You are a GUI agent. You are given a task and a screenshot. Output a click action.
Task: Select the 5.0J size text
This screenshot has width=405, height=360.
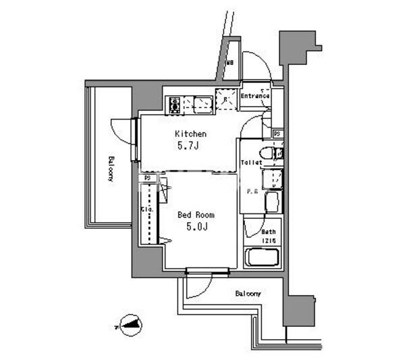(x=194, y=228)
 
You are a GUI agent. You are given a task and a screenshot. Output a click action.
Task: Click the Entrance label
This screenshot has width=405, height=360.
(x=255, y=96)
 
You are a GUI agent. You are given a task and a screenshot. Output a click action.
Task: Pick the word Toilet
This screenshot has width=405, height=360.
(x=251, y=163)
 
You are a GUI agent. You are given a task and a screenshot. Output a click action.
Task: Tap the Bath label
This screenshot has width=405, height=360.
(x=269, y=232)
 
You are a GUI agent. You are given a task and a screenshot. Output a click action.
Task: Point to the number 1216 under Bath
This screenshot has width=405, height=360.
(x=269, y=240)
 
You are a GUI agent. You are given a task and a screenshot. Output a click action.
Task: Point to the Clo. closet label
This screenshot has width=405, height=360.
(x=146, y=209)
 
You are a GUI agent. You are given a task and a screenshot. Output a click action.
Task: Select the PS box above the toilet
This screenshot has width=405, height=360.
(x=277, y=134)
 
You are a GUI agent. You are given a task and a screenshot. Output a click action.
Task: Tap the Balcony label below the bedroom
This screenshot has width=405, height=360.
(x=248, y=294)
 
